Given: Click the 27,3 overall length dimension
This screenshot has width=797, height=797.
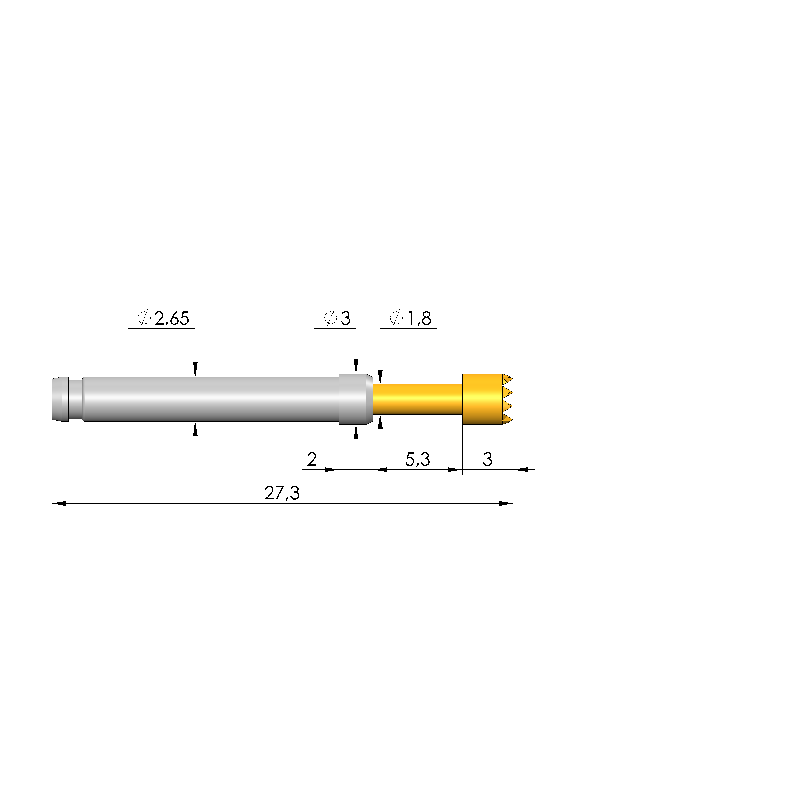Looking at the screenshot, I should click(282, 493).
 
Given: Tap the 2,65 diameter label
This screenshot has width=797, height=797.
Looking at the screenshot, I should click(172, 319).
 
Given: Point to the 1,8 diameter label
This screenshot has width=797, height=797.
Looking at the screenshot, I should click(419, 319).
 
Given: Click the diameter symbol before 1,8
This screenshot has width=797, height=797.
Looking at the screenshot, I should click(396, 319).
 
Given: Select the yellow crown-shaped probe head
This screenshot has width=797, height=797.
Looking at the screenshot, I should click(483, 399).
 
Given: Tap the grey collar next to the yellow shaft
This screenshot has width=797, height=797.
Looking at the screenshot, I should click(354, 399).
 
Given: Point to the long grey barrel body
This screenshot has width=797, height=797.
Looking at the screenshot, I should click(210, 399).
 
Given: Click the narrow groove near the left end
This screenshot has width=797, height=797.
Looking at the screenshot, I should click(75, 399).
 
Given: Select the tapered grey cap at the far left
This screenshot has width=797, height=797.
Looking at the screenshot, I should click(60, 399).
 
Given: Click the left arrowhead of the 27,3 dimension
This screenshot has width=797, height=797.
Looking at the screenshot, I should click(59, 504).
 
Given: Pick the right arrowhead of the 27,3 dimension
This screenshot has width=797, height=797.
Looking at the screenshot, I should click(506, 504).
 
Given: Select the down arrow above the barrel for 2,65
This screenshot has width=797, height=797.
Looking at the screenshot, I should click(195, 370).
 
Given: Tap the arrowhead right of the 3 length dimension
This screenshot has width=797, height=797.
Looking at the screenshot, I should click(521, 469).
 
